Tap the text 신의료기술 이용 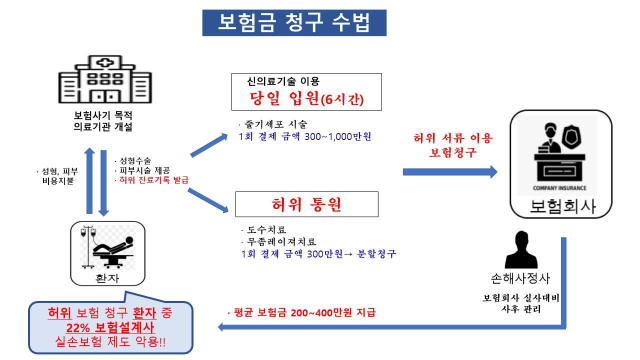click(291, 79)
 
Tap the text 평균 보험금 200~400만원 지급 click(300, 313)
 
